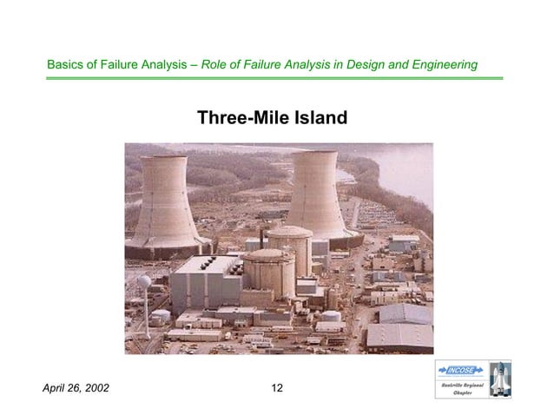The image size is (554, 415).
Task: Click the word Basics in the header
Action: point(66,65)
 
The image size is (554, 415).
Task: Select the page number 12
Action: point(277,387)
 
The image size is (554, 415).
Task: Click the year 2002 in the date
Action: point(95,387)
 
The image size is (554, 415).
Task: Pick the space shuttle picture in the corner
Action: point(498,379)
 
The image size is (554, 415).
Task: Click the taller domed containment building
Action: point(289,244)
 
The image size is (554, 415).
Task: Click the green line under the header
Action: point(274,78)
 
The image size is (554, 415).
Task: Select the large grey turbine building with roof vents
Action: point(205,282)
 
